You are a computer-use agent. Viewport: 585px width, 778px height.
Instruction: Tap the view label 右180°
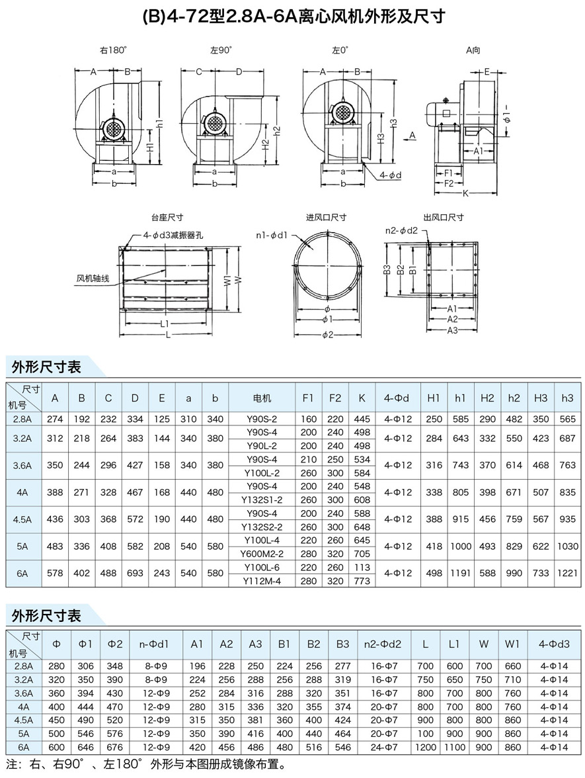click(x=113, y=50)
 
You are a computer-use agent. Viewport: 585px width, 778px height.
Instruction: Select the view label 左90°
click(x=221, y=50)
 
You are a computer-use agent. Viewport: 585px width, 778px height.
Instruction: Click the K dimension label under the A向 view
click(x=465, y=194)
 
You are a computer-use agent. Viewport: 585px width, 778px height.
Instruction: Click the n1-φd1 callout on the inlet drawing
click(x=272, y=234)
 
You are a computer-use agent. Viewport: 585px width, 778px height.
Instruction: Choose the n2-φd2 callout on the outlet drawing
click(x=402, y=230)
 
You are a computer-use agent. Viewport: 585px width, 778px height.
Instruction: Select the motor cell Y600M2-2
click(x=262, y=554)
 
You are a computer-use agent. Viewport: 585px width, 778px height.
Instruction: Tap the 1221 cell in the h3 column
click(x=567, y=573)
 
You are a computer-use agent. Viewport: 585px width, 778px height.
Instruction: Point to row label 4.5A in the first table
click(x=23, y=519)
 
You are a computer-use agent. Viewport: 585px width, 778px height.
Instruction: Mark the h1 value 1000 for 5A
click(x=461, y=546)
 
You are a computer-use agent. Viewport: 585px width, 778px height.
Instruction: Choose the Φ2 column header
click(x=115, y=644)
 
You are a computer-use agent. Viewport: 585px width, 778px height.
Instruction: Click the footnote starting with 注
click(x=145, y=766)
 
